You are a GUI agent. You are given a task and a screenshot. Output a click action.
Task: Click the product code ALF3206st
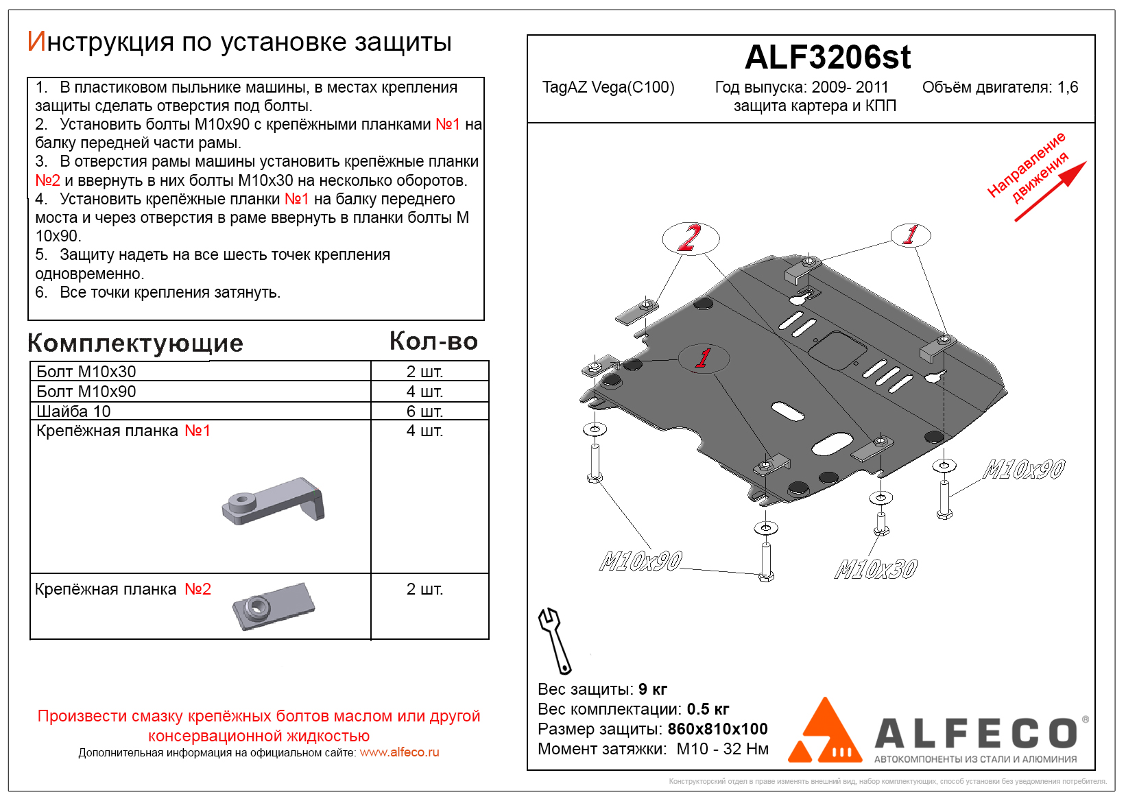(827, 58)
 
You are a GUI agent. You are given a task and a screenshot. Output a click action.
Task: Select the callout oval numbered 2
(691, 238)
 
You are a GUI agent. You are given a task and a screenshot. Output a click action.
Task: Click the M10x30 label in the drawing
(876, 569)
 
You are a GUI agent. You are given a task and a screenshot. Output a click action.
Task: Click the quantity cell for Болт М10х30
(424, 372)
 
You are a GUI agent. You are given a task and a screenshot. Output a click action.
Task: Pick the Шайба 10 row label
(73, 411)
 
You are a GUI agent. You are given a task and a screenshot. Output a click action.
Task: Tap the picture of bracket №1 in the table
(273, 501)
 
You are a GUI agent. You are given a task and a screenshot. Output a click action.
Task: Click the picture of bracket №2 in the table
(273, 606)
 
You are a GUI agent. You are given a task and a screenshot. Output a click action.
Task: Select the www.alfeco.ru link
(399, 752)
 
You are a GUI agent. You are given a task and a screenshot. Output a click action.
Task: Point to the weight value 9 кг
(652, 689)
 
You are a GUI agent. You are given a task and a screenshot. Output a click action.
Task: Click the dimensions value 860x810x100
(717, 729)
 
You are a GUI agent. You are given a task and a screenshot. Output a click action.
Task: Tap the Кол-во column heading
(433, 341)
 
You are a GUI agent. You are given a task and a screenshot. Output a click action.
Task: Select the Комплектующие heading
(135, 343)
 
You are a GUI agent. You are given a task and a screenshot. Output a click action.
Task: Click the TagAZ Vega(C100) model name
(608, 88)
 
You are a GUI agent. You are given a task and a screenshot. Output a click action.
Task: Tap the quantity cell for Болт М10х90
(424, 392)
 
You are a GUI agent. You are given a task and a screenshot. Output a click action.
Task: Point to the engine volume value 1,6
(1068, 88)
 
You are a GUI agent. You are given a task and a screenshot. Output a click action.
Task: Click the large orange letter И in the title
(36, 42)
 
